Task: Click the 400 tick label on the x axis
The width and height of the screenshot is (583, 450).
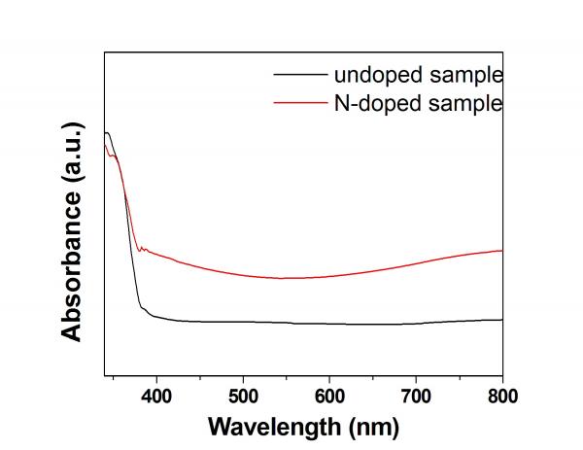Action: [156, 395]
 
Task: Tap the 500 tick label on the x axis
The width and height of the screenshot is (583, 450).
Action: [243, 395]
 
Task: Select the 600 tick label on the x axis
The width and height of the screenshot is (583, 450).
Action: [329, 395]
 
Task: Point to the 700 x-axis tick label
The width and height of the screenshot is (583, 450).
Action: [416, 395]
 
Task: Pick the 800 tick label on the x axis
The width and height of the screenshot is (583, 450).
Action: [501, 395]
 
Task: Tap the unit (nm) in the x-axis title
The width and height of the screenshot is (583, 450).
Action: [372, 427]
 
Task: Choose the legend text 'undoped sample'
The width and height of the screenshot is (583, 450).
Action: [419, 74]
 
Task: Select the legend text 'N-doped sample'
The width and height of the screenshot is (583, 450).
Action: [419, 101]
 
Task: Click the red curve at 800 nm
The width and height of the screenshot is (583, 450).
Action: [501, 251]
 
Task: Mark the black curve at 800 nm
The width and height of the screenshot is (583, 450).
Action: [501, 319]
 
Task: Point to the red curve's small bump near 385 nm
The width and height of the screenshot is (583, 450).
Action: [143, 249]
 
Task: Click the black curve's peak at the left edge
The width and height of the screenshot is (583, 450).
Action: [107, 132]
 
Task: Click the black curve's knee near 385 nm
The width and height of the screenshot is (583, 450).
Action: [143, 310]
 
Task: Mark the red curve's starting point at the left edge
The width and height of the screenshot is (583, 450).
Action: [105, 146]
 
